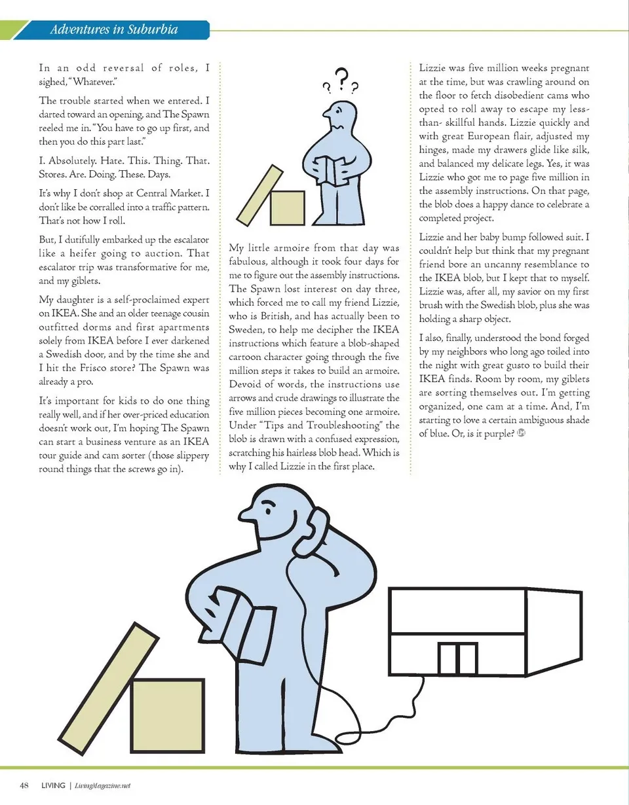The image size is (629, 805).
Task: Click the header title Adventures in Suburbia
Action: point(114,29)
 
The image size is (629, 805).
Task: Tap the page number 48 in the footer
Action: point(26,785)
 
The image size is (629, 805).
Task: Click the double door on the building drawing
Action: point(457,658)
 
